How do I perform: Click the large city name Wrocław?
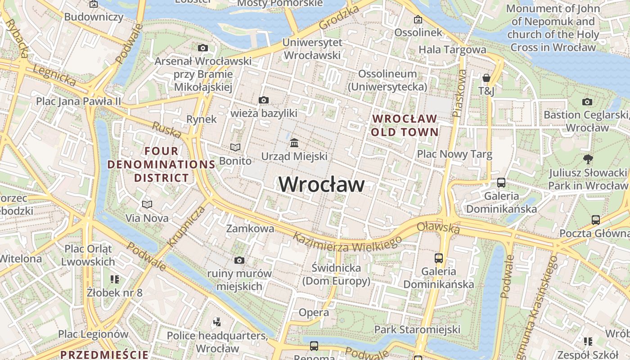click(322, 184)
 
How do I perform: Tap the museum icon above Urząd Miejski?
click(294, 143)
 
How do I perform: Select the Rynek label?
click(202, 119)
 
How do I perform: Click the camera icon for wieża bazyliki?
click(264, 100)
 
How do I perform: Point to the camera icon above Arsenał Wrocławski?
click(203, 48)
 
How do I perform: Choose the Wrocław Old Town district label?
click(405, 125)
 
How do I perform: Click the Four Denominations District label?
click(161, 164)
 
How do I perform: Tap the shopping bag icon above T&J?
click(486, 78)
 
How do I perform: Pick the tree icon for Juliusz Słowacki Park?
click(587, 159)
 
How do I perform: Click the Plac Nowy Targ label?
click(454, 154)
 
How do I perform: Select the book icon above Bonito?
click(235, 147)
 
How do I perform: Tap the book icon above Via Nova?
click(147, 204)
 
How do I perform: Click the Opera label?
click(314, 312)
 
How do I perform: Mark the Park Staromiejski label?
click(417, 329)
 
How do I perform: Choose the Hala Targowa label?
click(452, 49)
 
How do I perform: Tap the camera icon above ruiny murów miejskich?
click(239, 260)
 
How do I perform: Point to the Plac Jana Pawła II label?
click(78, 101)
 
